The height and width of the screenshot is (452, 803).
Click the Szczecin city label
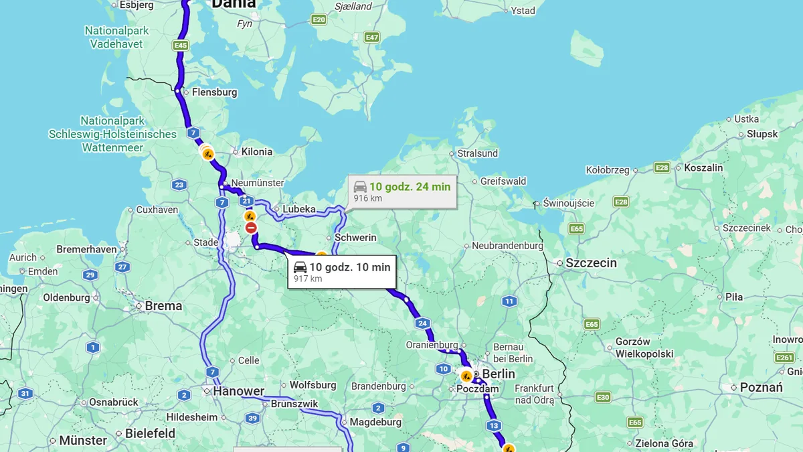(591, 263)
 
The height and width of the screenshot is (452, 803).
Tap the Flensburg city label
(214, 92)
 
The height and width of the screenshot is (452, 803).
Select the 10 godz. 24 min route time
(410, 187)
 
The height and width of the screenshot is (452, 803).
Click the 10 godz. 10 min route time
(349, 267)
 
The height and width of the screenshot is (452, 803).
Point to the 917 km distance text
(308, 279)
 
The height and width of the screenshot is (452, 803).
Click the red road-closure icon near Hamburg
(251, 228)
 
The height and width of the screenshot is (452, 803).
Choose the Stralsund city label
(477, 153)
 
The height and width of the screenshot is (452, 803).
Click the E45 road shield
(180, 46)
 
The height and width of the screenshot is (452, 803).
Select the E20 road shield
(319, 20)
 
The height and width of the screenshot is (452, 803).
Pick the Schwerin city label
(355, 238)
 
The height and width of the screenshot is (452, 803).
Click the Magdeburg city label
(375, 423)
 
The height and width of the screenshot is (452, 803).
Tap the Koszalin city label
(703, 168)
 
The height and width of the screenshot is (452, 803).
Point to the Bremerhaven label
(86, 249)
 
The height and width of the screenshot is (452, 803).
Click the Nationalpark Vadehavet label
(116, 37)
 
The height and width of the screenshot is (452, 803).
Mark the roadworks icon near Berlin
(466, 376)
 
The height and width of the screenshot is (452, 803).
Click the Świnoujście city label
(569, 203)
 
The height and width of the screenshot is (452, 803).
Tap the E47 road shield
(372, 37)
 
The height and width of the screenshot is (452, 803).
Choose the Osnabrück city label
(113, 402)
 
